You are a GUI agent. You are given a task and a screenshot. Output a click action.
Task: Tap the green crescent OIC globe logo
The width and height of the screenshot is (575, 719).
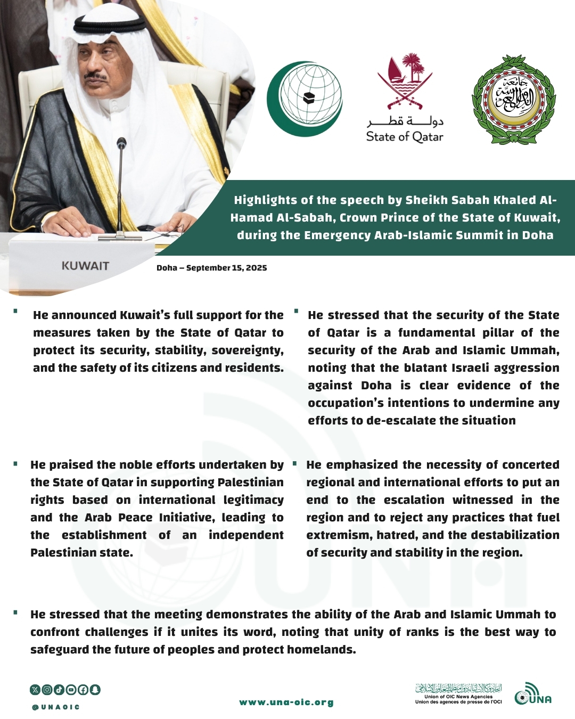pyautogui.click(x=305, y=99)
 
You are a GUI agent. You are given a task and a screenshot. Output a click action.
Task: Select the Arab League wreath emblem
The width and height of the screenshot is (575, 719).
pyautogui.click(x=514, y=100)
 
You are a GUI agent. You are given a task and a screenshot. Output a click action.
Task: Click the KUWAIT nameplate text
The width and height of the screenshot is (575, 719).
pyautogui.click(x=85, y=266)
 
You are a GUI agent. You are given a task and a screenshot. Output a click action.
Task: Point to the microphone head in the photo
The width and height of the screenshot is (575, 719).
pyautogui.click(x=121, y=143)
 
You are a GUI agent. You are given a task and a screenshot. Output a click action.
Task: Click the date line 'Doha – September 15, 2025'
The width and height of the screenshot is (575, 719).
pyautogui.click(x=211, y=268)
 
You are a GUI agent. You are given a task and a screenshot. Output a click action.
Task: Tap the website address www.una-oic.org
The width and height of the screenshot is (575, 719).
pyautogui.click(x=286, y=702)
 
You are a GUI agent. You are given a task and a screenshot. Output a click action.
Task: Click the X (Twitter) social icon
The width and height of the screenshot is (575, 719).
pyautogui.click(x=35, y=690)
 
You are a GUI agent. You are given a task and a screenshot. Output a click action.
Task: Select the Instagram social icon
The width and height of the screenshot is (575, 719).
pyautogui.click(x=47, y=690)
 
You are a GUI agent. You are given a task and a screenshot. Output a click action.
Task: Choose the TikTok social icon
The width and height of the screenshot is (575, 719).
pyautogui.click(x=59, y=690)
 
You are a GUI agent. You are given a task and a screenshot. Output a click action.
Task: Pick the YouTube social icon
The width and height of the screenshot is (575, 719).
pyautogui.click(x=71, y=690)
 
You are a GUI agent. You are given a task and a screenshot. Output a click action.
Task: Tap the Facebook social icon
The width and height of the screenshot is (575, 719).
pyautogui.click(x=83, y=690)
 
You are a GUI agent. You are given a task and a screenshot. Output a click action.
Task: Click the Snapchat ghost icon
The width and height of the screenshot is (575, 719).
pyautogui.click(x=95, y=690)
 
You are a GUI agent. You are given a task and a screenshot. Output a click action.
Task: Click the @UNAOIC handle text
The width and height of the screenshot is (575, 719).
pyautogui.click(x=56, y=707)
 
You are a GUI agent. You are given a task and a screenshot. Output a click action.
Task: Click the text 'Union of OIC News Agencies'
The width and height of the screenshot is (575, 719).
pyautogui.click(x=458, y=697)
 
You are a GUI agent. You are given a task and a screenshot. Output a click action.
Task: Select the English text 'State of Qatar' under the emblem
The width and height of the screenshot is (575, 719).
pyautogui.click(x=405, y=137)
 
